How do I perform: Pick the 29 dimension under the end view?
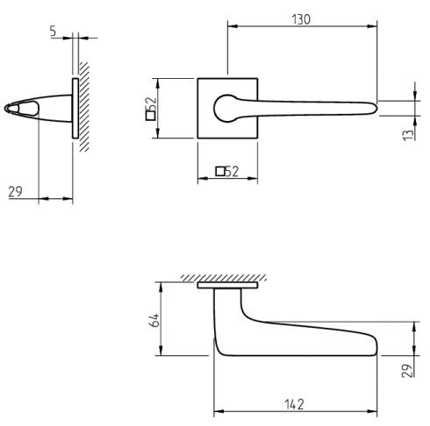pos(16,191)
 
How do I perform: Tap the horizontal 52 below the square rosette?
pos(232,172)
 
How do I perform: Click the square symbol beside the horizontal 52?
pos(219,172)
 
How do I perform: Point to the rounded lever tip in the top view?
pos(373,108)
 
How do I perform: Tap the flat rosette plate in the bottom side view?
pos(228,287)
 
